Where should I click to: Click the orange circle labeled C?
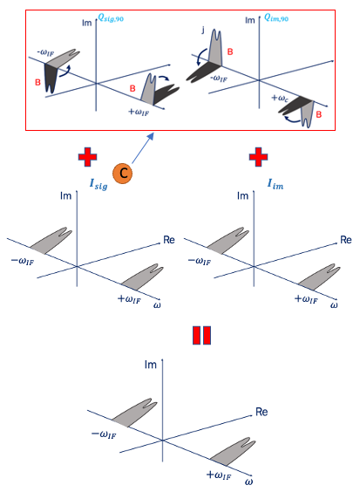(x=125, y=174)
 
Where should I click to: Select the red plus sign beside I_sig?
(x=85, y=158)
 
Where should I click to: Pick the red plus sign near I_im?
(x=257, y=158)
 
